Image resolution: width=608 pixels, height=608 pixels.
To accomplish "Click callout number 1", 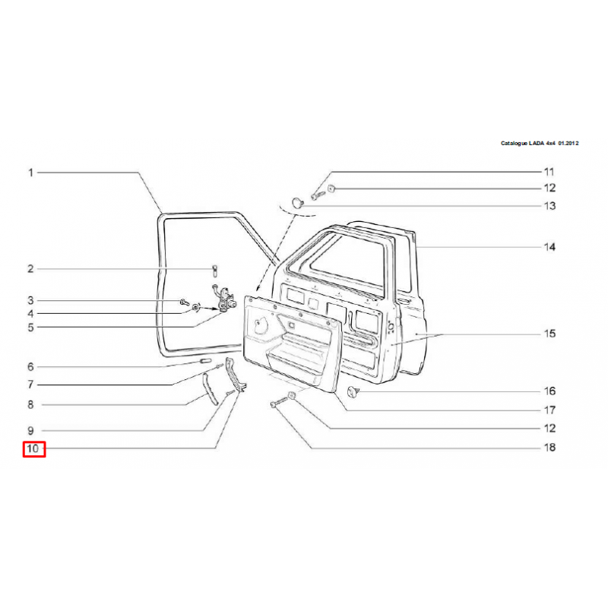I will coord(31,173).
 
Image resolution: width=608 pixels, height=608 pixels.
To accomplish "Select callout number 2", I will coord(31,268).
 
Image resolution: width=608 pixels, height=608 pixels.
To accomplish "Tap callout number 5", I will coord(31,328).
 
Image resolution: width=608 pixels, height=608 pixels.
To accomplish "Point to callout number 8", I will coord(31,405).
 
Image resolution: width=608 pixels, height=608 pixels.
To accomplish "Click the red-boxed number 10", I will coord(33,449).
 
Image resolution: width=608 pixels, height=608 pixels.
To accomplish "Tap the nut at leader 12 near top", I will coord(332,188).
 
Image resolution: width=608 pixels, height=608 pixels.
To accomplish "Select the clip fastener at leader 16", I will coord(352,391).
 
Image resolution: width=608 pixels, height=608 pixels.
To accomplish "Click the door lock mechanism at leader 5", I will coord(223,302).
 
